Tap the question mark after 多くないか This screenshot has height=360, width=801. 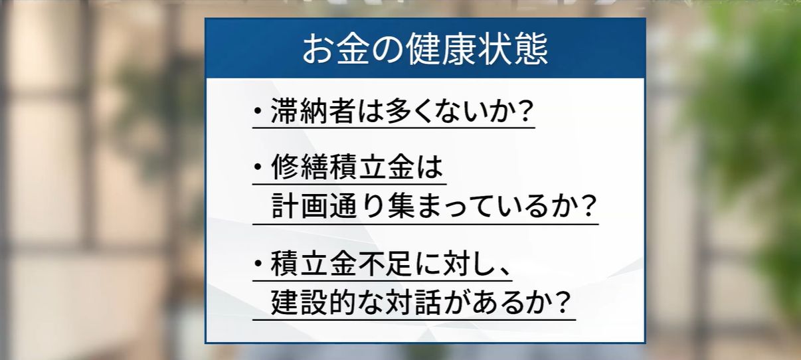(x=525, y=112)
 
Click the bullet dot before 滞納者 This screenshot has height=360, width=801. (x=258, y=112)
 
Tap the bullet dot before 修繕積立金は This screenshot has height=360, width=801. (x=258, y=169)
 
